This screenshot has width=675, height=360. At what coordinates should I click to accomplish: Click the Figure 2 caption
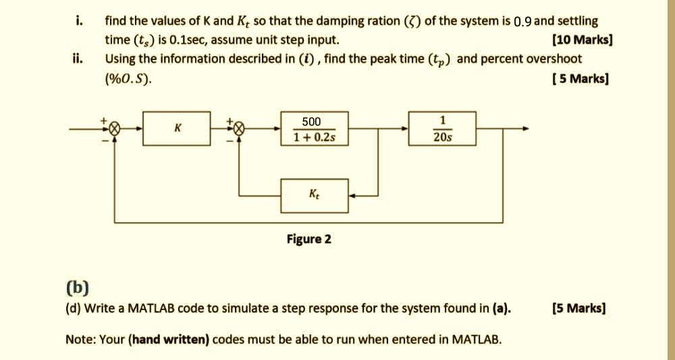309,239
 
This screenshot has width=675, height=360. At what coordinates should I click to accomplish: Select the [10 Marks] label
582,40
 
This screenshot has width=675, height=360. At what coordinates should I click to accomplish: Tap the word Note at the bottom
80,338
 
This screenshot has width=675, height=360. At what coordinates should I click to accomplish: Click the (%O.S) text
128,79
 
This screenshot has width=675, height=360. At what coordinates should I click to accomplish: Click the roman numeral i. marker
79,21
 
